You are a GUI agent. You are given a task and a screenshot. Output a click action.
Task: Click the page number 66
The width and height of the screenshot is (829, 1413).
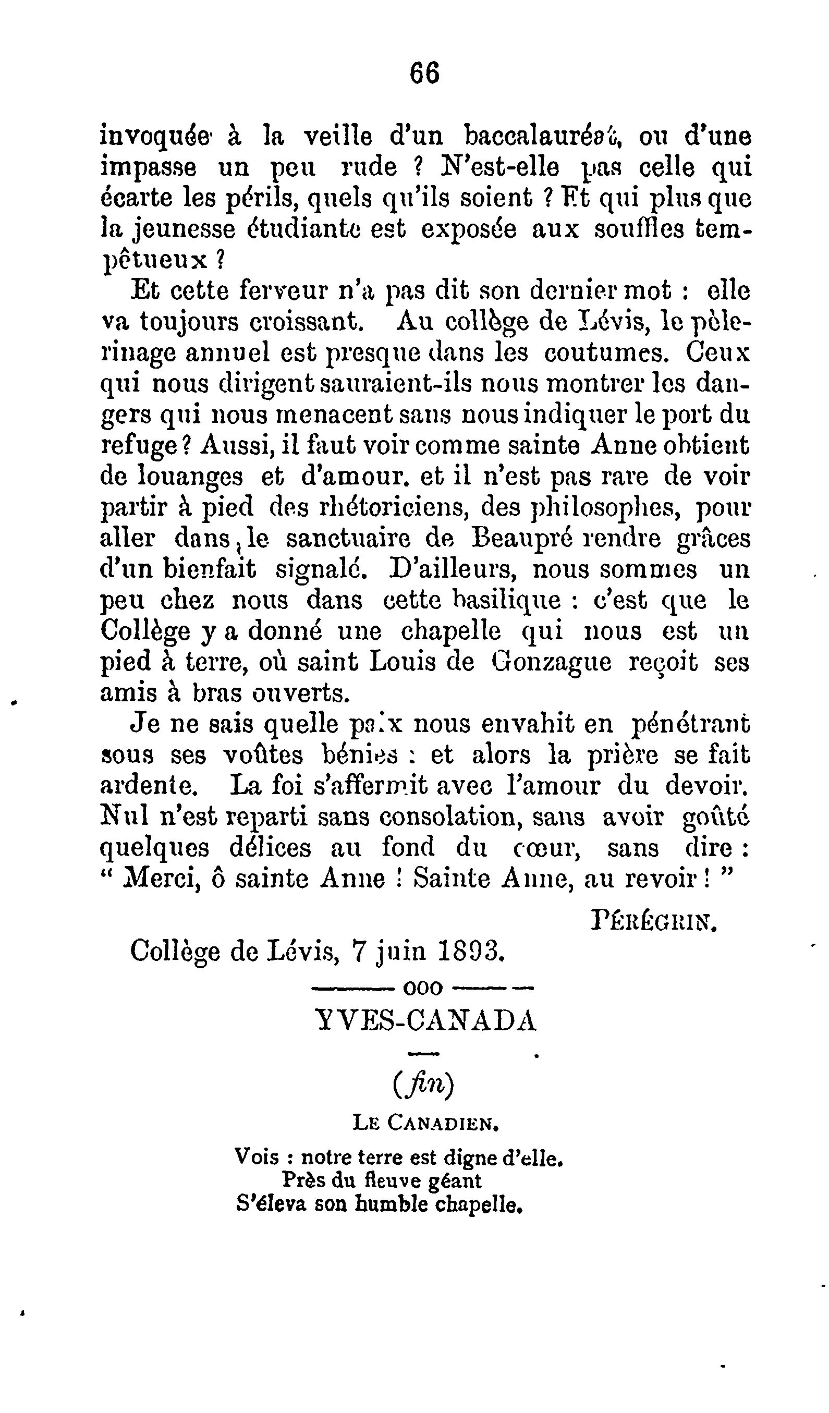pyautogui.click(x=424, y=74)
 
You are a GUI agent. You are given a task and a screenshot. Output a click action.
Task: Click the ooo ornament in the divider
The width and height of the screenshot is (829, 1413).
pyautogui.click(x=423, y=988)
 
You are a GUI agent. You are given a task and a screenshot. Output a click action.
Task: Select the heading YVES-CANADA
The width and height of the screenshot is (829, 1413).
pyautogui.click(x=426, y=1020)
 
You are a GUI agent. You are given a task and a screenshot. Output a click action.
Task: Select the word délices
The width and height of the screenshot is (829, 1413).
pyautogui.click(x=270, y=848)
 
